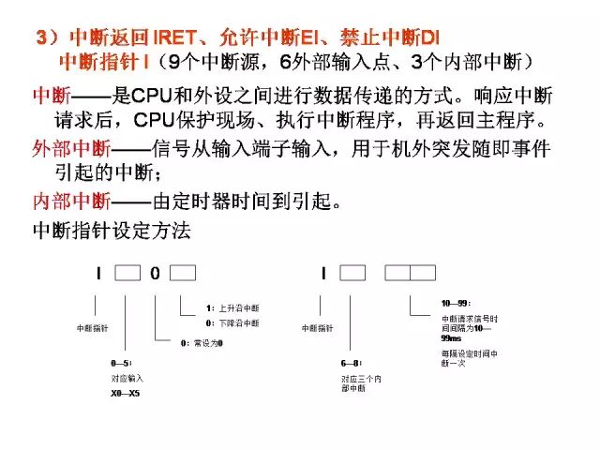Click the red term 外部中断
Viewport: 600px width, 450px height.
tap(70, 148)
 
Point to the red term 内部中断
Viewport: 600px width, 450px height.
tap(70, 201)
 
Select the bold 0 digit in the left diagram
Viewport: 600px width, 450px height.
tap(155, 274)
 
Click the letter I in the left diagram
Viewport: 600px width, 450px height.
tap(97, 274)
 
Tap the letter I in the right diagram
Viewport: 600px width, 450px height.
tap(323, 274)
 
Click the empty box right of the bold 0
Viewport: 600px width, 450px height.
tap(183, 274)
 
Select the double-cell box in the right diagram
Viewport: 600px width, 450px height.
tap(411, 274)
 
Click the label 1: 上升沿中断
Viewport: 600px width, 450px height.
tap(233, 307)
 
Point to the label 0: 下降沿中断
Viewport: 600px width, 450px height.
tap(233, 322)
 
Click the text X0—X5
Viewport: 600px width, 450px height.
tap(127, 393)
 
